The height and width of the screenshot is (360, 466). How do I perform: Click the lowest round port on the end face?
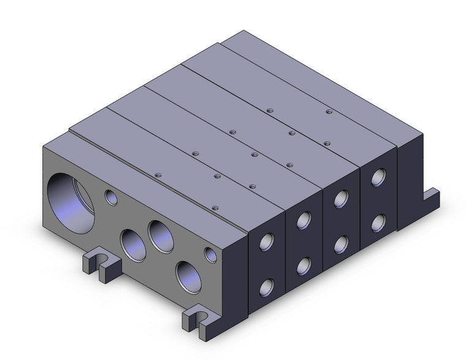188,274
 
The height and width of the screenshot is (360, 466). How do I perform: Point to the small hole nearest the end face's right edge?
210,254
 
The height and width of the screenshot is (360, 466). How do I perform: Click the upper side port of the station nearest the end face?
267,242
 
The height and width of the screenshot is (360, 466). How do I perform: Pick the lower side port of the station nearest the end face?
267,286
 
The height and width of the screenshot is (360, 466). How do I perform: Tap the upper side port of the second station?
303,220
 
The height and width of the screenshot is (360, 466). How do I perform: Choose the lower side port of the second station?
304,264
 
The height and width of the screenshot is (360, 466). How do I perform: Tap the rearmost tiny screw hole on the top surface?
329,112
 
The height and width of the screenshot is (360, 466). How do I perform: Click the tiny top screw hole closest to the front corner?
215,208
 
